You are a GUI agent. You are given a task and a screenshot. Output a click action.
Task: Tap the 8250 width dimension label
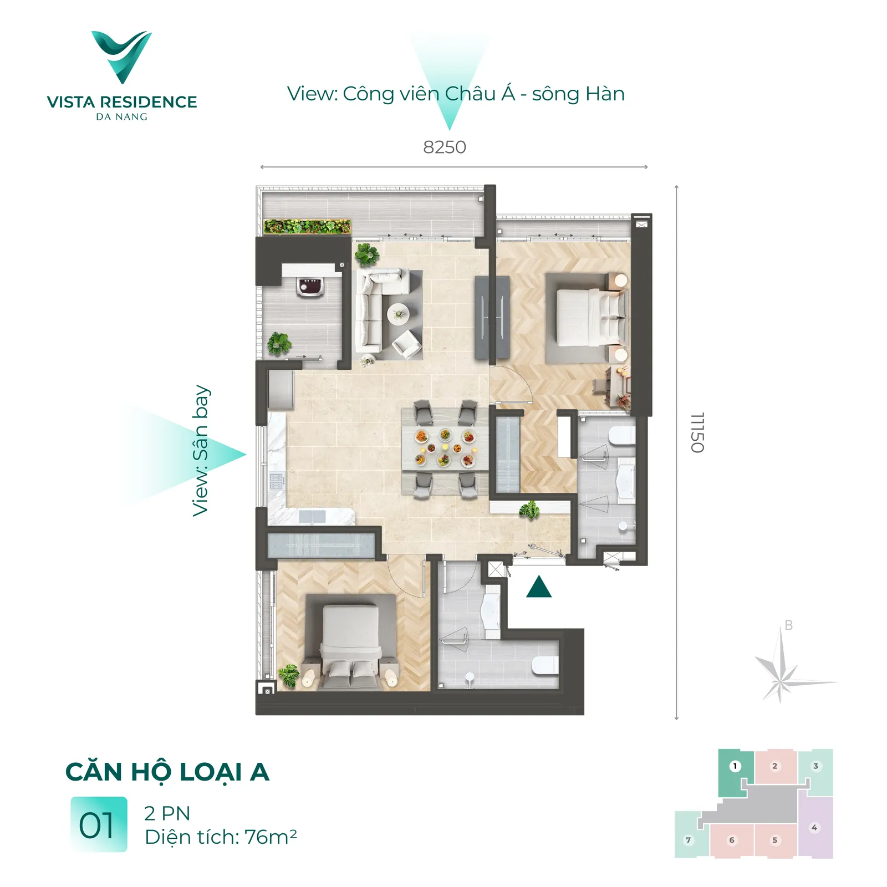(445, 147)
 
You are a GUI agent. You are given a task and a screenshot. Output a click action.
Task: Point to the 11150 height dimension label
(697, 432)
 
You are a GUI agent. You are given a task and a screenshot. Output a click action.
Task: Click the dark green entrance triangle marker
(538, 587)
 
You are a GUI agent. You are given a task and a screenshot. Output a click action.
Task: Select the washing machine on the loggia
(311, 287)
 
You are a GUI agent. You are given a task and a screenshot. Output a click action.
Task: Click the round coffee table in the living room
(398, 314)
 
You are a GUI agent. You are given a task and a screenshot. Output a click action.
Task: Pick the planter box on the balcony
(307, 226)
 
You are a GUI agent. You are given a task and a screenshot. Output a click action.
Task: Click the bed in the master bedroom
(592, 317)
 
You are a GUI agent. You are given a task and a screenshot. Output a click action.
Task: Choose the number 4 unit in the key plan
(815, 827)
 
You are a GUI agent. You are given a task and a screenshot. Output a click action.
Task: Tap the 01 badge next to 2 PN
(99, 824)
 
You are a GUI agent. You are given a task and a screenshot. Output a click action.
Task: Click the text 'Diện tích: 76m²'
(221, 837)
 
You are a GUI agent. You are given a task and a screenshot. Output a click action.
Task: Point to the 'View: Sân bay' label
(201, 451)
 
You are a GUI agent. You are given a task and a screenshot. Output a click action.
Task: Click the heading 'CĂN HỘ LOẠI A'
(167, 772)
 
